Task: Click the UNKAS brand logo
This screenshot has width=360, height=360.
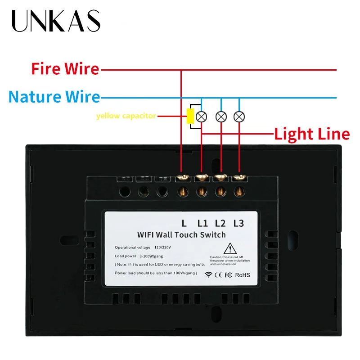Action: click(56, 21)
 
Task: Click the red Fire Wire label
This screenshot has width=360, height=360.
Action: click(65, 69)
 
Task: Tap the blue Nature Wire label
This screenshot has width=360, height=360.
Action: click(54, 96)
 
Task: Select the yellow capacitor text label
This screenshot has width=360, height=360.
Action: click(126, 116)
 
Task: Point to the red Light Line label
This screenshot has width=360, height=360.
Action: click(312, 134)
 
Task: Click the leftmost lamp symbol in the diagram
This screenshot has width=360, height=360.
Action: click(202, 116)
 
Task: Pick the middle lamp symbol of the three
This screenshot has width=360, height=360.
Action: click(220, 116)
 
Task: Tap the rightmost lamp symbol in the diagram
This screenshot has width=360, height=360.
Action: click(239, 116)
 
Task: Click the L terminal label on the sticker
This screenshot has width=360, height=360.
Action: click(184, 223)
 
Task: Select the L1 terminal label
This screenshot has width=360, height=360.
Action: click(203, 223)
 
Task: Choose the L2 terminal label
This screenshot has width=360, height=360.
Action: click(220, 223)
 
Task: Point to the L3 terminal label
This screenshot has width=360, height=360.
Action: click(238, 223)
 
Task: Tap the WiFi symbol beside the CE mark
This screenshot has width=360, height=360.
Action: click(208, 274)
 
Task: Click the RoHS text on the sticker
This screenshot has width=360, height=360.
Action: click(243, 274)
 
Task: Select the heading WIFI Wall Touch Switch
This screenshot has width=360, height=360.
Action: click(181, 234)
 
